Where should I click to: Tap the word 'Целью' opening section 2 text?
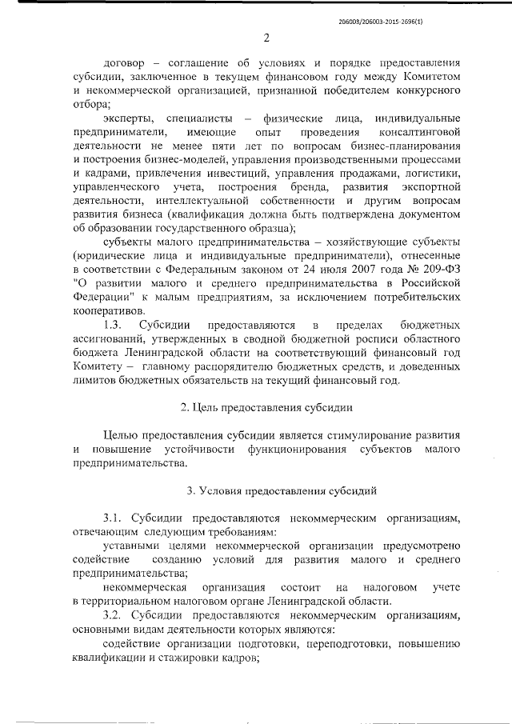pyautogui.click(x=122, y=434)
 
